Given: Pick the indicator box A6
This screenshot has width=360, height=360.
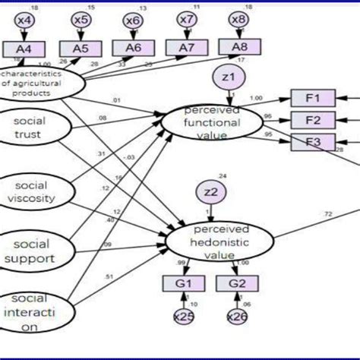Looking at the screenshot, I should coord(133,48).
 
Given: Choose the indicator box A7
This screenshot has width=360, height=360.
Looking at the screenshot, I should coord(186,48).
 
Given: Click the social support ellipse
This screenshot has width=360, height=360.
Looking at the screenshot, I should coord(32,251).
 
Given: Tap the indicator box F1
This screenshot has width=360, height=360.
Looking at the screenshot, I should coord(311,98).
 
